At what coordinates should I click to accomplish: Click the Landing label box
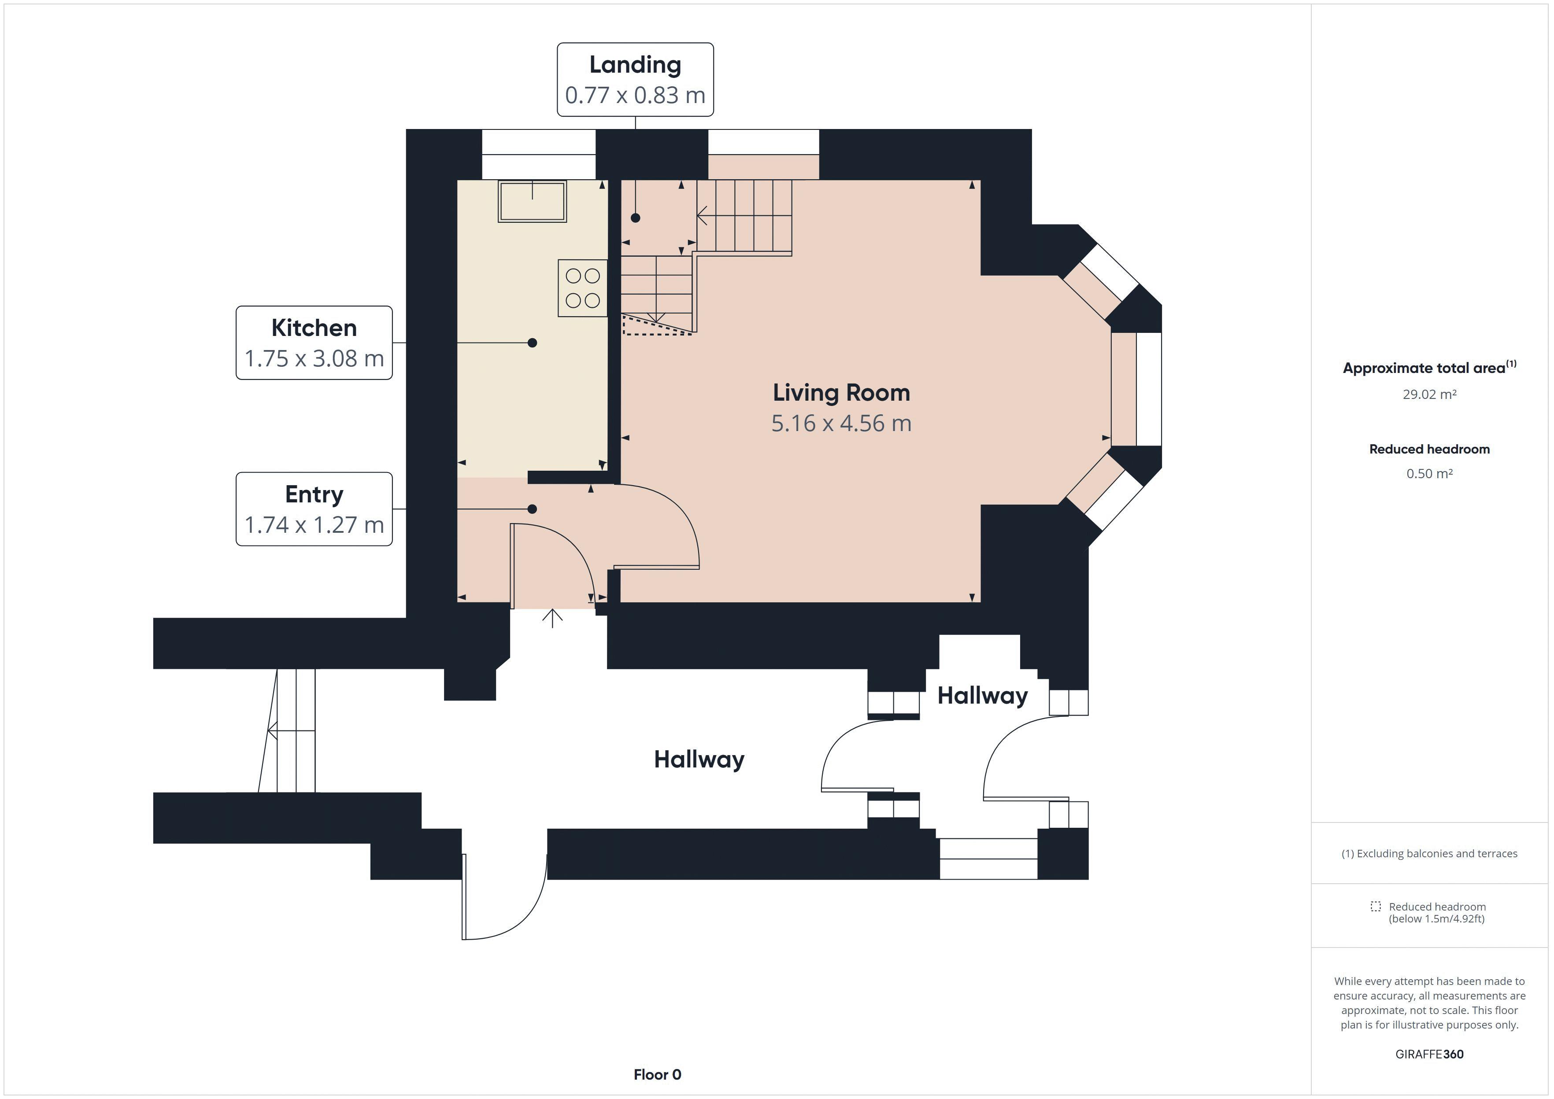[635, 79]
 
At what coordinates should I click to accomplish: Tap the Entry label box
[314, 509]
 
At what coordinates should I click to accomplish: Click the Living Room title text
[841, 392]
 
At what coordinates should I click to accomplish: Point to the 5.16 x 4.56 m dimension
[841, 424]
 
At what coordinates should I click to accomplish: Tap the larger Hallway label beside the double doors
[699, 759]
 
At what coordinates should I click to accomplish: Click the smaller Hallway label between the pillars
[982, 696]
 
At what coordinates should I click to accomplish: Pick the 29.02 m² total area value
[1429, 395]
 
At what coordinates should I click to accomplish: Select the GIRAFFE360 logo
[1429, 1054]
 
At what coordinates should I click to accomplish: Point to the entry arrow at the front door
[552, 618]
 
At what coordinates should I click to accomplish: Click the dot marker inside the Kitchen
[532, 343]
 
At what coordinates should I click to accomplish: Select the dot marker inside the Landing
[635, 218]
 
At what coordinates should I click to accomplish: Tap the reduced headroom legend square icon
[1375, 906]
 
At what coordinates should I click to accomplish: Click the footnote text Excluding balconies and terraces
[1429, 853]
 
